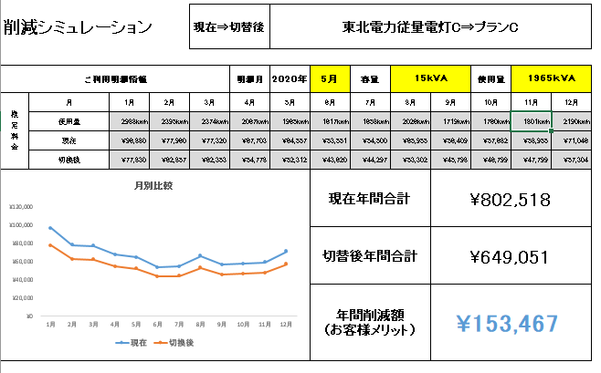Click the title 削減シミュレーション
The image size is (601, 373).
pyautogui.click(x=90, y=27)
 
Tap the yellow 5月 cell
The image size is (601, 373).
pyautogui.click(x=330, y=78)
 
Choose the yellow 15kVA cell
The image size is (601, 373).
pyautogui.click(x=428, y=78)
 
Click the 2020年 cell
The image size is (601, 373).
pyautogui.click(x=290, y=78)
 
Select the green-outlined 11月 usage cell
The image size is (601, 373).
pyautogui.click(x=531, y=121)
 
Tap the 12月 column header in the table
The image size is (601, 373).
pyautogui.click(x=571, y=102)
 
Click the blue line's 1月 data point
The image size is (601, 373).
pyautogui.click(x=50, y=227)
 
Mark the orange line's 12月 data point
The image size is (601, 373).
pyautogui.click(x=286, y=264)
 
